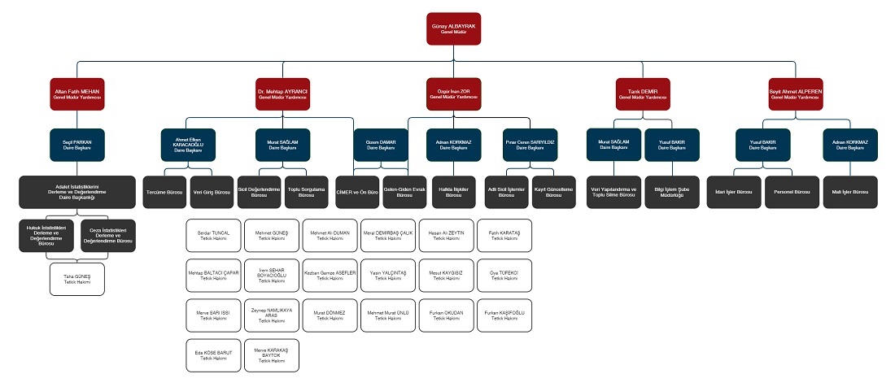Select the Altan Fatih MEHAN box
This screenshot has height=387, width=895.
(78, 94)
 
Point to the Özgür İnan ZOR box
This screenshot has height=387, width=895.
(453, 94)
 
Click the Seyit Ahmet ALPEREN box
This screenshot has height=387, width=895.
(796, 94)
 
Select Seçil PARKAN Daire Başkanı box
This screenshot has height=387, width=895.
(76, 144)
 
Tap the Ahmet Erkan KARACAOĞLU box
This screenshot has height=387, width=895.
(189, 144)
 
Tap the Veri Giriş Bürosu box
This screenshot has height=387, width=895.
(213, 193)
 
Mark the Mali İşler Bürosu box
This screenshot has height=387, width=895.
(849, 193)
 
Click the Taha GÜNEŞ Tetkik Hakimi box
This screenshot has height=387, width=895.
(77, 279)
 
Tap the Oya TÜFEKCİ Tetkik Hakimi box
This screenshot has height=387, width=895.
(504, 275)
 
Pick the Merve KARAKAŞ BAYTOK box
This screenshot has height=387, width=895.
(272, 354)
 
